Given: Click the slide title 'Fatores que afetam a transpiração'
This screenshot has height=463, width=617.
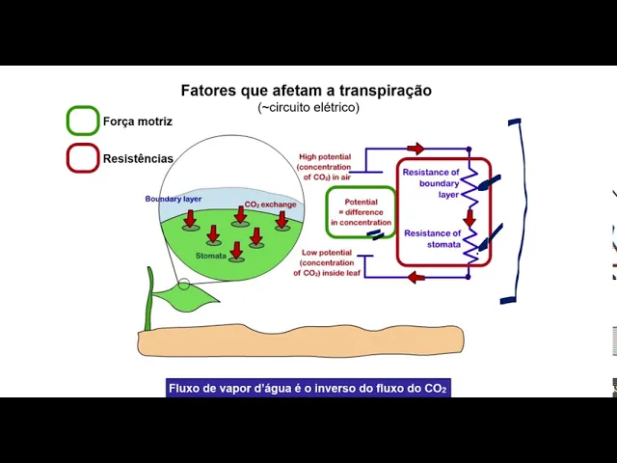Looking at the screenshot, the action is tap(307, 91).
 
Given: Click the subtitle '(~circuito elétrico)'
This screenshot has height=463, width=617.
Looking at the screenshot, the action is tap(308, 108).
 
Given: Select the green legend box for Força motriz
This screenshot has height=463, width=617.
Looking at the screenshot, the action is tap(83, 121).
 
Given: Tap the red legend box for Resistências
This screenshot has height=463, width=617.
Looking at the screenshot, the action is tap(83, 157).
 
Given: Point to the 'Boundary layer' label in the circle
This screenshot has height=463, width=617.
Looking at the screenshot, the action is tap(174, 199).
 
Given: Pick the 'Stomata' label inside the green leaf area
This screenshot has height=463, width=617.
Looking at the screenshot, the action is tap(211, 256).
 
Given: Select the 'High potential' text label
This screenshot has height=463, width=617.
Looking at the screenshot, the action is tap(330, 166).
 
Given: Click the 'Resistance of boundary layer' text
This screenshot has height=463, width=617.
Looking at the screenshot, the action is tap(431, 183).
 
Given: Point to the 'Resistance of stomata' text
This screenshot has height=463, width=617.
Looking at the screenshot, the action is tap(433, 238).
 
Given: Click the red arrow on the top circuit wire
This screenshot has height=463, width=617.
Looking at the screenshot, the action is tap(416, 149).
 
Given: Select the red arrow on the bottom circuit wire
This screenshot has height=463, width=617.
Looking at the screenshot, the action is tap(416, 278).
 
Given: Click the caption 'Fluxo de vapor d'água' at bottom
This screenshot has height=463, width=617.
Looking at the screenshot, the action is tap(308, 388).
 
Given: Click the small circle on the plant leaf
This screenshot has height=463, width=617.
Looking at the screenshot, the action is tap(184, 285).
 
